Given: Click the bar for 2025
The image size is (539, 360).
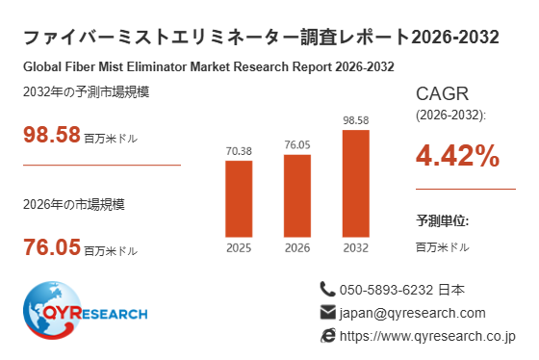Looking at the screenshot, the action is tap(239, 198).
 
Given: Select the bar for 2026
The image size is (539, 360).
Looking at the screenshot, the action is tap(297, 195).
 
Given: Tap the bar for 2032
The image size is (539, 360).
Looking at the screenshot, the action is tap(356, 183).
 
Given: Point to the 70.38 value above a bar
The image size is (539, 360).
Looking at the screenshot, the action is tap(239, 151).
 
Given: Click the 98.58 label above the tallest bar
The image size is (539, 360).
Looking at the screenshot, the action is tap(356, 120).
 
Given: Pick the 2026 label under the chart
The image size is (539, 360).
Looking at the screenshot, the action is tap(297, 248).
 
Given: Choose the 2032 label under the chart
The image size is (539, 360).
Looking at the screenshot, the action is tap(356, 248).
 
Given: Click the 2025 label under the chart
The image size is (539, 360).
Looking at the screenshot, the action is tap(239, 248).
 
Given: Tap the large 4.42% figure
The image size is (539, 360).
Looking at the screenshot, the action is tap(457, 155).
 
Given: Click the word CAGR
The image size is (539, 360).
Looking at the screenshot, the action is tap(442, 93).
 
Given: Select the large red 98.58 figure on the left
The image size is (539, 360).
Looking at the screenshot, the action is tap(52, 134).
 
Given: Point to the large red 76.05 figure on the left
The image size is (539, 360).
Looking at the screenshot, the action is tap(52, 246).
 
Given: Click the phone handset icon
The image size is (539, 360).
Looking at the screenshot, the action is tap(327, 289).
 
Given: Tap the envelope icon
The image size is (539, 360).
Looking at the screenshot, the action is tap(327, 312).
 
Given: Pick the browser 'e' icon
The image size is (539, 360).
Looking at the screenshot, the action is tap(328, 336).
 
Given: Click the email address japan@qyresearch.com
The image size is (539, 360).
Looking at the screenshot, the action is tap(413, 313).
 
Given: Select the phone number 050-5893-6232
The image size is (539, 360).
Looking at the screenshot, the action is tap(386, 290).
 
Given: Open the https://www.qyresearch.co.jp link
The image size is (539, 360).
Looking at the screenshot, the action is tap(427, 336).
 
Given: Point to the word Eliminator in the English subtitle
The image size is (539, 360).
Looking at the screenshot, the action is tap(157, 66).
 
